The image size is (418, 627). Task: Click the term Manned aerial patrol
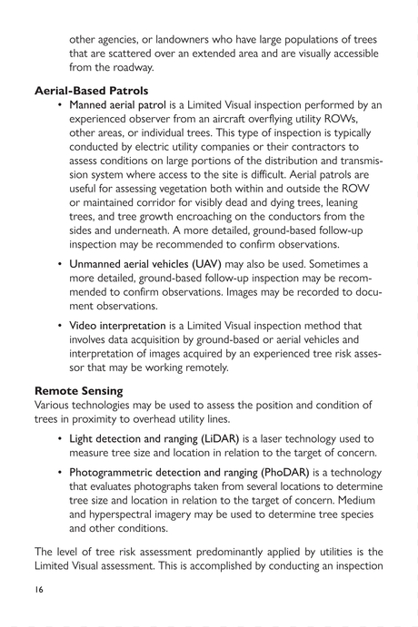click(117, 106)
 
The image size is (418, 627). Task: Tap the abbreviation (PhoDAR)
click(278, 473)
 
